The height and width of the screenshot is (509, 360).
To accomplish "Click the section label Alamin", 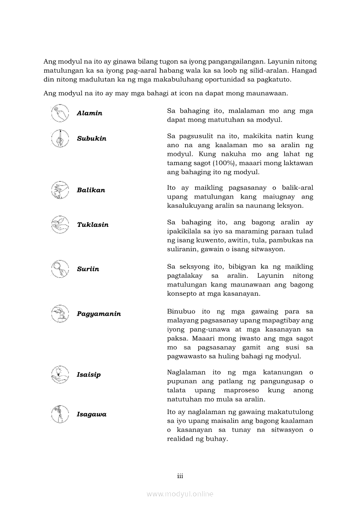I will tap(89, 113).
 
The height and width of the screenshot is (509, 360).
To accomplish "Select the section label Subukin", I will tap(92, 138).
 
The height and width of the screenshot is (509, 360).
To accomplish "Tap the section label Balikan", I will tap(91, 190).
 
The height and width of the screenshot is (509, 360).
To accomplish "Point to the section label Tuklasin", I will tap(92, 225).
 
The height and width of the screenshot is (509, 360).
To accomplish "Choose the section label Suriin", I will tap(88, 269).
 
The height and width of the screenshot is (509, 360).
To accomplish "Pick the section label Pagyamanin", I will tap(98, 314).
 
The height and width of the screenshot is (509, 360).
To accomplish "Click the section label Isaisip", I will tap(88, 375).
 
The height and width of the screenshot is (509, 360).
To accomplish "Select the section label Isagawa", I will tap(92, 415).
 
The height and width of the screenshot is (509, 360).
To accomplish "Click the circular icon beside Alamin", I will tap(60, 113).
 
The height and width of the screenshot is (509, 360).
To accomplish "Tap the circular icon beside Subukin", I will tap(60, 138).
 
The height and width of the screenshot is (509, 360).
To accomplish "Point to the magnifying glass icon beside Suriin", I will tap(60, 269).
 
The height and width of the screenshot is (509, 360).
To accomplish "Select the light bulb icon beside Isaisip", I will tap(60, 374).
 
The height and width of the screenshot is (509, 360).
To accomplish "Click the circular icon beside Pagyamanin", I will tap(60, 313).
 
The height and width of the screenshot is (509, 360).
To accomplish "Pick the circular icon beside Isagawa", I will tap(60, 414).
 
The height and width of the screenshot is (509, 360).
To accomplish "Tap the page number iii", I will tap(180, 476).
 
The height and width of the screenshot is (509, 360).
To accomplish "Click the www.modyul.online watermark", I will tap(180, 494).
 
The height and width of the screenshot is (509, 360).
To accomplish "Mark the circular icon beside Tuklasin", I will tap(60, 224).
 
